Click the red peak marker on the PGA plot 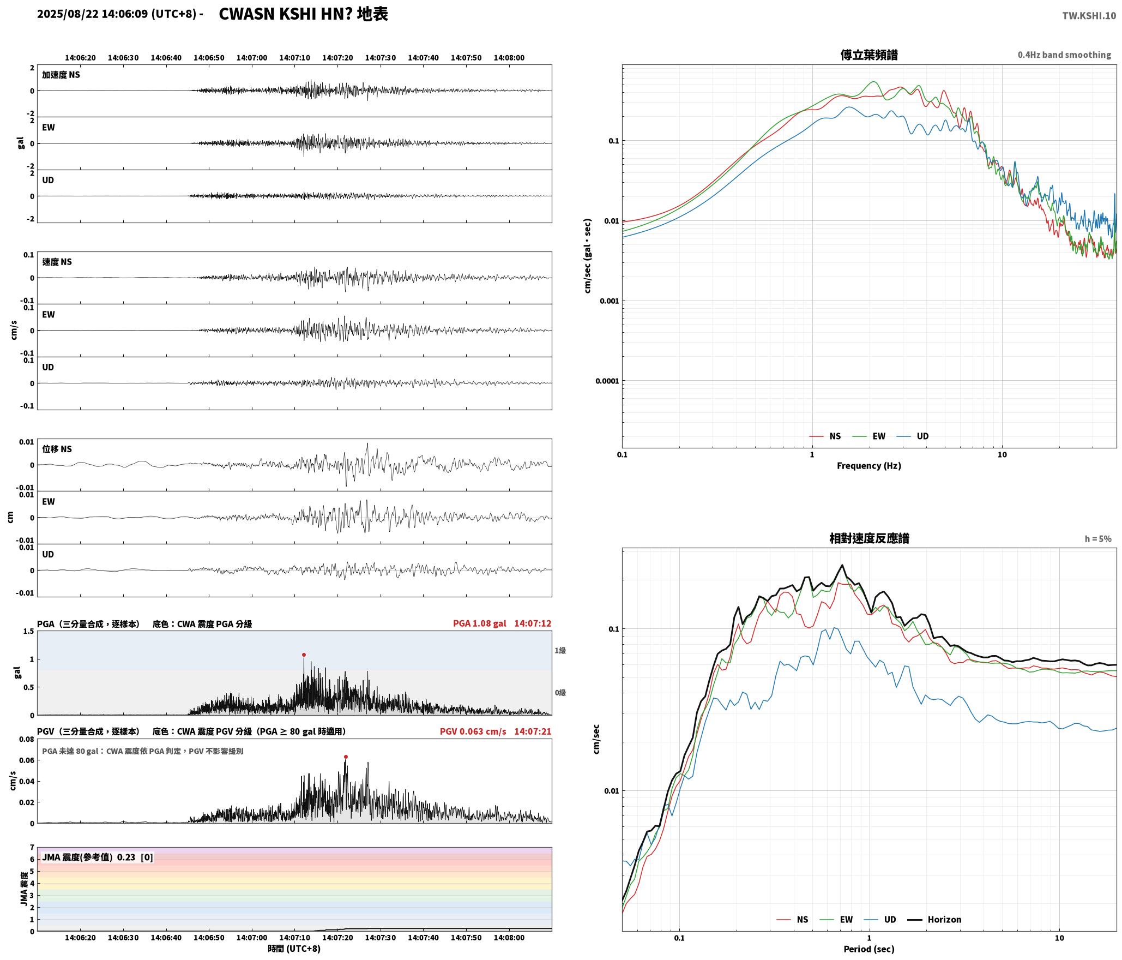click(304, 655)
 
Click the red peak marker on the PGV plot click(346, 757)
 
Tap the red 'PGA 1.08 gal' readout click(479, 623)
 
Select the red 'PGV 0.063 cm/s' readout click(473, 731)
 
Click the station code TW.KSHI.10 click(1089, 16)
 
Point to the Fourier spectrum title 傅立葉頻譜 click(869, 55)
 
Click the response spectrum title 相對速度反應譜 click(869, 538)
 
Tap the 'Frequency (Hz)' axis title click(869, 465)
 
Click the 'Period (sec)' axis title click(869, 949)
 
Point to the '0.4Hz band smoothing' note click(1064, 55)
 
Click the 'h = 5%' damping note click(1098, 539)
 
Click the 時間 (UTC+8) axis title click(294, 949)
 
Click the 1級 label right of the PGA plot click(560, 650)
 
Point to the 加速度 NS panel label click(61, 75)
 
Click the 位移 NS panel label click(57, 449)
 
